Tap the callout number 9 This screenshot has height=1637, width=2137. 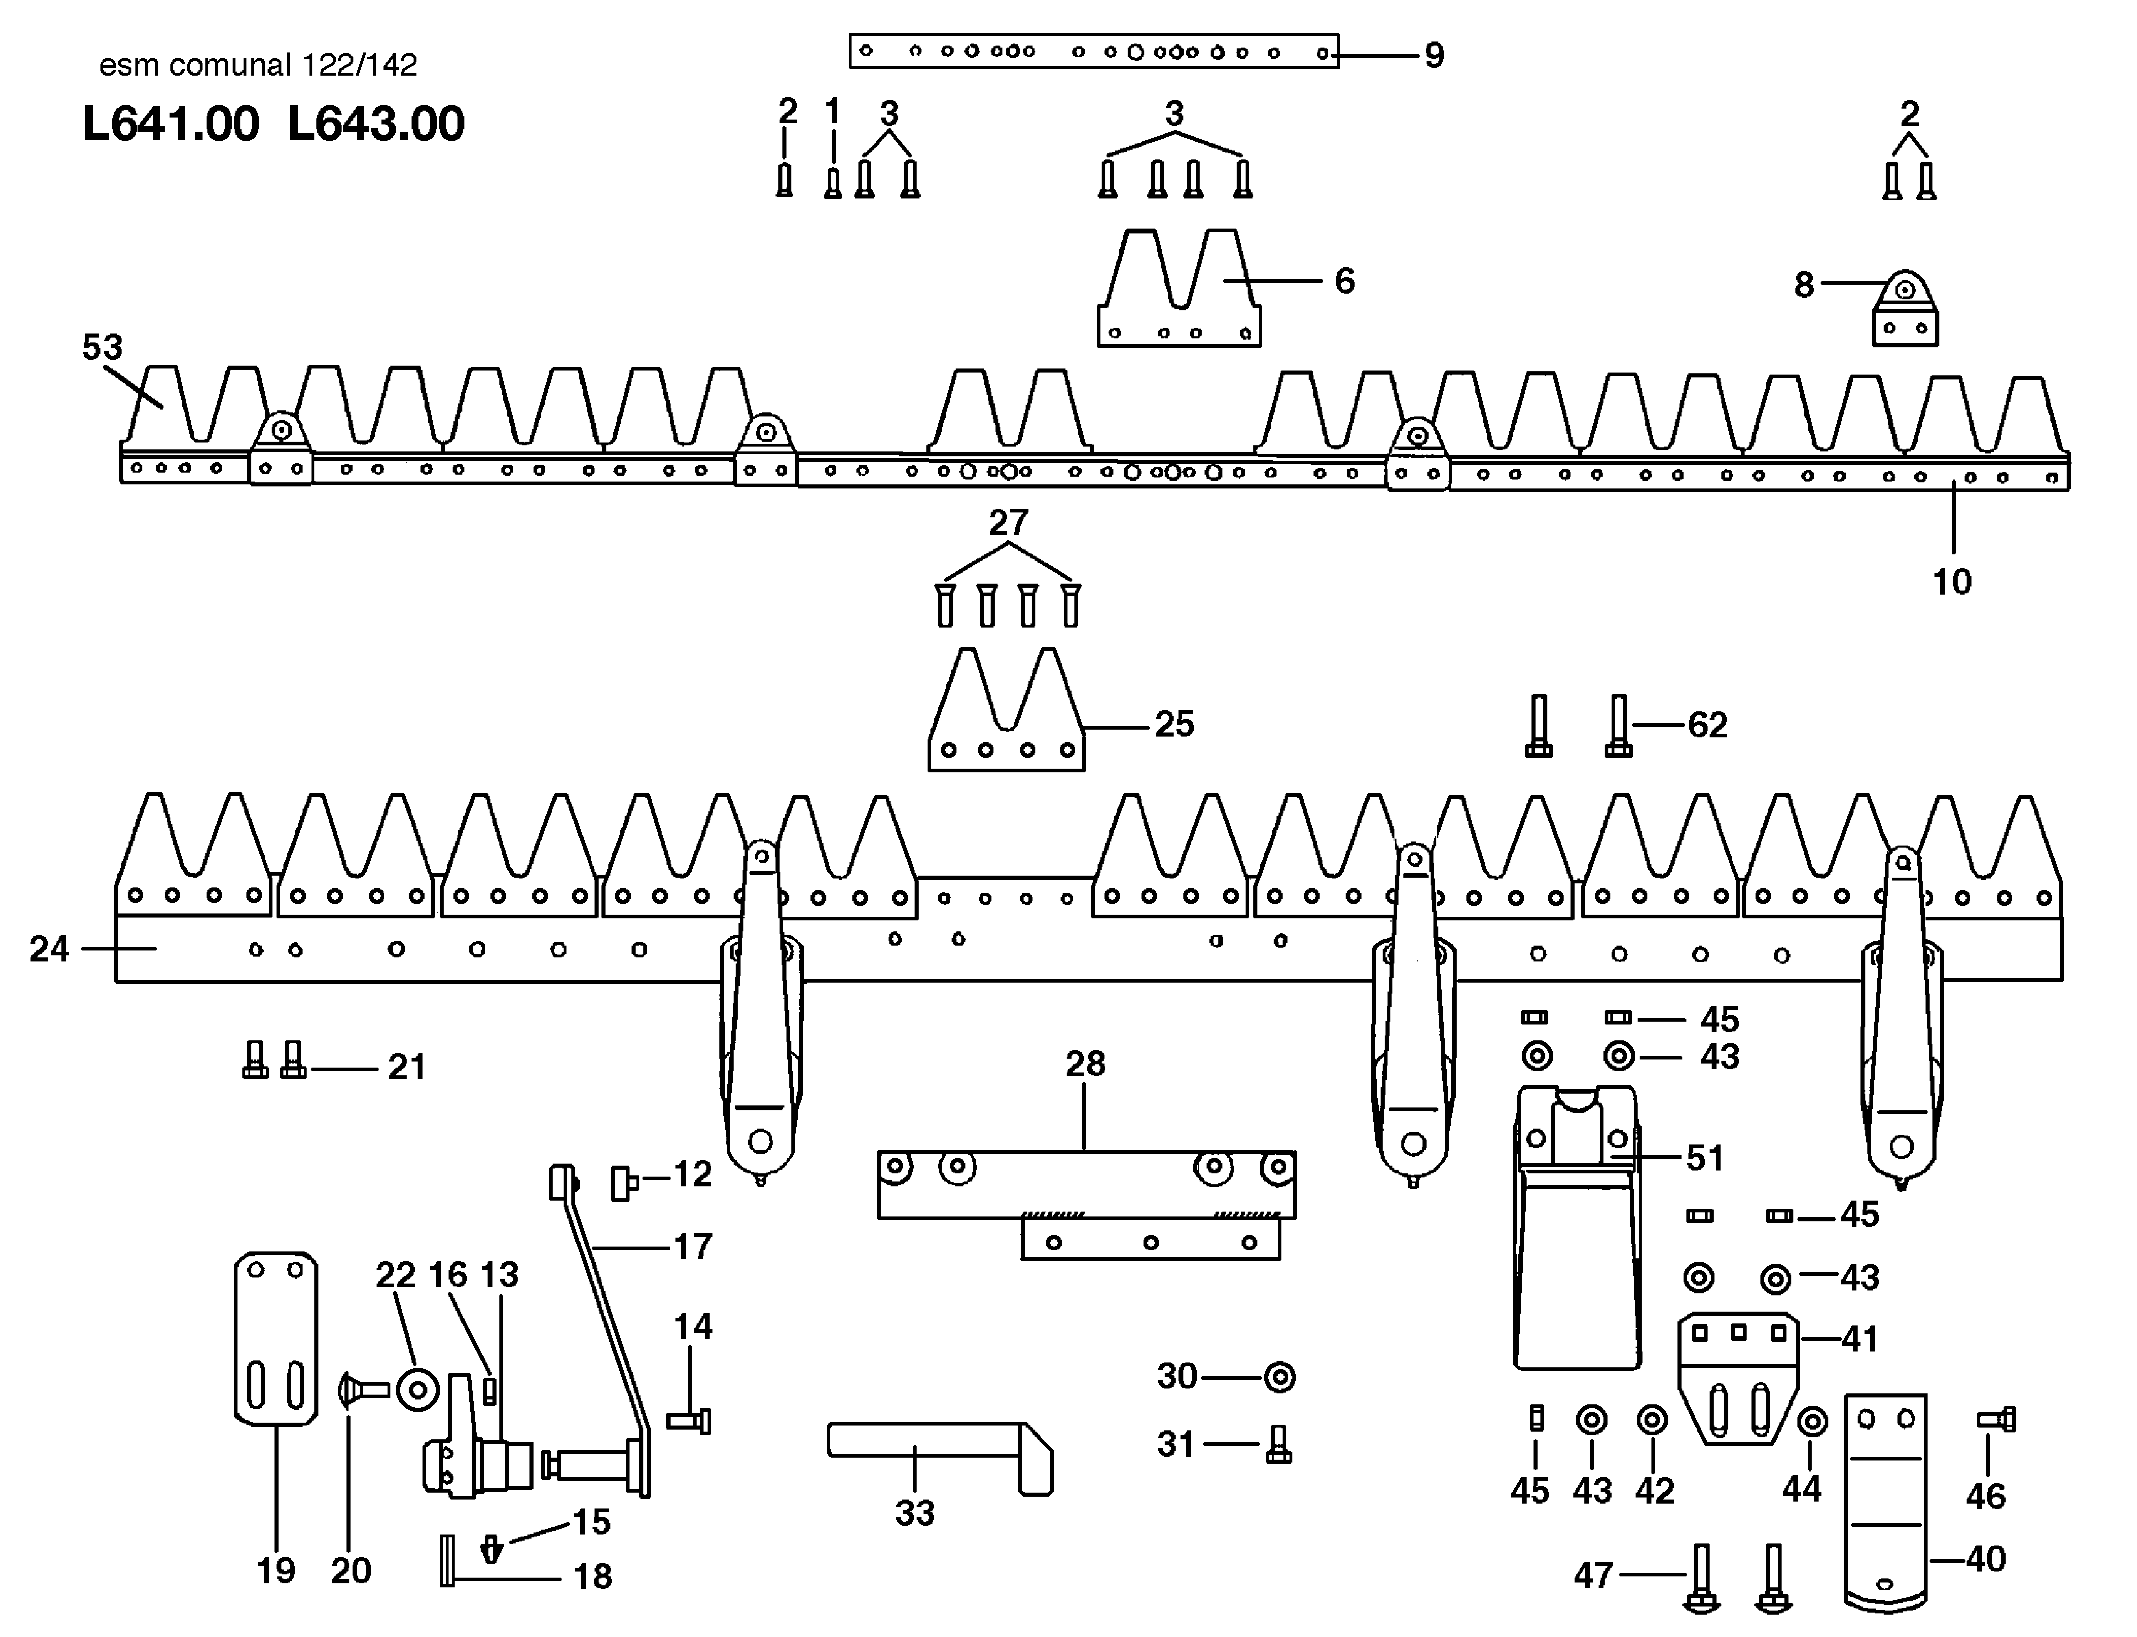[1434, 56]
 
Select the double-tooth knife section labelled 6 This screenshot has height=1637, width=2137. [1179, 292]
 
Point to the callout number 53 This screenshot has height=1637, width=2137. [102, 347]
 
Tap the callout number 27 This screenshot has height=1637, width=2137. [1008, 523]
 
